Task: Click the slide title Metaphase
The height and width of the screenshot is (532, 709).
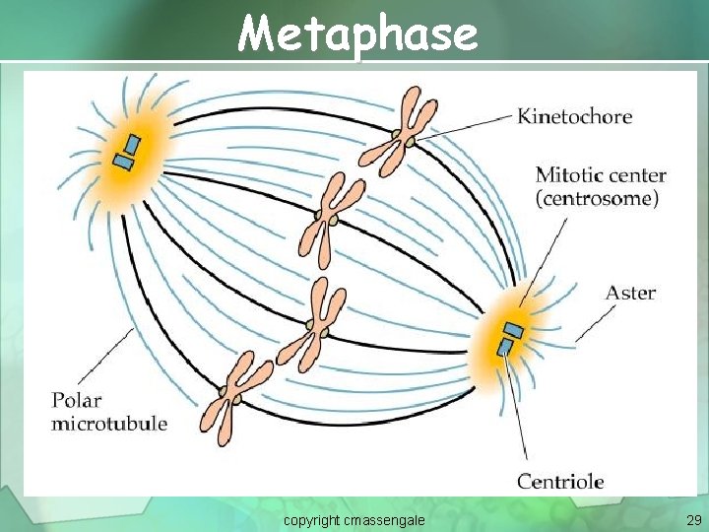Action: (357, 34)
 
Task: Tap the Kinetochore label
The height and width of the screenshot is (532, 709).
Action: (575, 117)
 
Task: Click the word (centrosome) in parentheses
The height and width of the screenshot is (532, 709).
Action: (597, 198)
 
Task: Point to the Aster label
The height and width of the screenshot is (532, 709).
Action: (630, 293)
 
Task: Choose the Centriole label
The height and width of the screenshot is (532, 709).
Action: (560, 482)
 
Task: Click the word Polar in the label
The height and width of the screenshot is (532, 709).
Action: (77, 402)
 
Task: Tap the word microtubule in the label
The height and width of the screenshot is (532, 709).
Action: (109, 424)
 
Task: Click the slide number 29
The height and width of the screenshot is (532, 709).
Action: (693, 519)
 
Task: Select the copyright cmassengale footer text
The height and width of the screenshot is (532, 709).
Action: (354, 519)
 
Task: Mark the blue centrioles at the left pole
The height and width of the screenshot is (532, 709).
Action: (126, 153)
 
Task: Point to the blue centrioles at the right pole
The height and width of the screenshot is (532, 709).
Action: (510, 337)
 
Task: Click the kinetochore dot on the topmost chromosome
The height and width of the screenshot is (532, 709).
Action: (396, 135)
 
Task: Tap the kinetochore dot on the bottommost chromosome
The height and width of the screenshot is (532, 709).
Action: (234, 399)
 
